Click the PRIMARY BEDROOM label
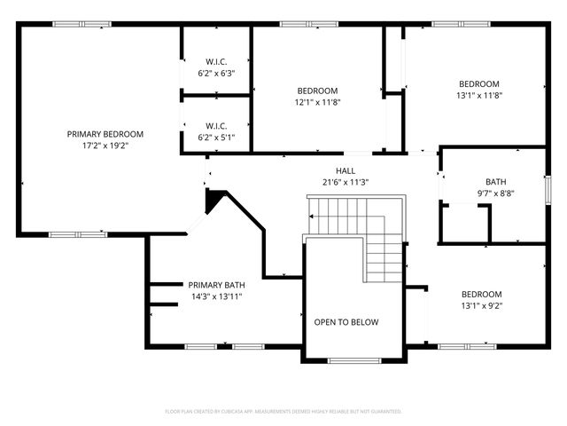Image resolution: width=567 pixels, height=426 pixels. coord(105,134)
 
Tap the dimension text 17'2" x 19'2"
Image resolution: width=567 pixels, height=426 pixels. coord(105,146)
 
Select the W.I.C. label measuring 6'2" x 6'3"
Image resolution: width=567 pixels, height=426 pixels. coord(216,61)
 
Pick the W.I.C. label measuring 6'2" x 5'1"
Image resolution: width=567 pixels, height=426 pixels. coord(216,125)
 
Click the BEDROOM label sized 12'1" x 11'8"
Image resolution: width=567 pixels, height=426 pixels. coord(316,91)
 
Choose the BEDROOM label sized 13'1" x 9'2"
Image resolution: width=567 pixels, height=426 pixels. coord(481,295)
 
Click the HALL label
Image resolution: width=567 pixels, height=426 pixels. coord(345,170)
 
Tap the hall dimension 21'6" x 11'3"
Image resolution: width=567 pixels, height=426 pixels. coord(345,182)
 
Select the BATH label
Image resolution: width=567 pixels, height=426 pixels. coord(495,182)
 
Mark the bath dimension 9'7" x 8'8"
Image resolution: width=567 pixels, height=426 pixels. coord(495,193)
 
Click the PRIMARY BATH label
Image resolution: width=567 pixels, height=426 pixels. coord(215,285)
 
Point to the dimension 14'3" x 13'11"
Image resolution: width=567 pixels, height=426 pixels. coord(215,296)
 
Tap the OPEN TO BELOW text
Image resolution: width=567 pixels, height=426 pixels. coord(346,322)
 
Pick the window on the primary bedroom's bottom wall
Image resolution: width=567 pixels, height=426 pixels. coord(66,234)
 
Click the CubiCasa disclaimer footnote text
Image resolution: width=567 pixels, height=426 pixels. coord(283,411)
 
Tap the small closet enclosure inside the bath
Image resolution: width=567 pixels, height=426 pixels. coord(465,224)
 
